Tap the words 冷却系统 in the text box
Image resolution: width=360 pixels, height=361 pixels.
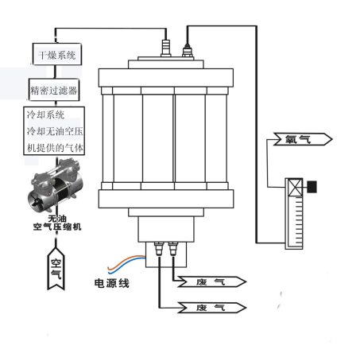(45, 115)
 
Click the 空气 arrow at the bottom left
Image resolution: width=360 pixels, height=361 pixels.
(56, 267)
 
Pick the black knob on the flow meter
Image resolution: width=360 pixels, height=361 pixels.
(312, 188)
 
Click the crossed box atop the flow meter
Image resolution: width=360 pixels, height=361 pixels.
(294, 188)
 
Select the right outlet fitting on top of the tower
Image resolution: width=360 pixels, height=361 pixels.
(189, 52)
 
